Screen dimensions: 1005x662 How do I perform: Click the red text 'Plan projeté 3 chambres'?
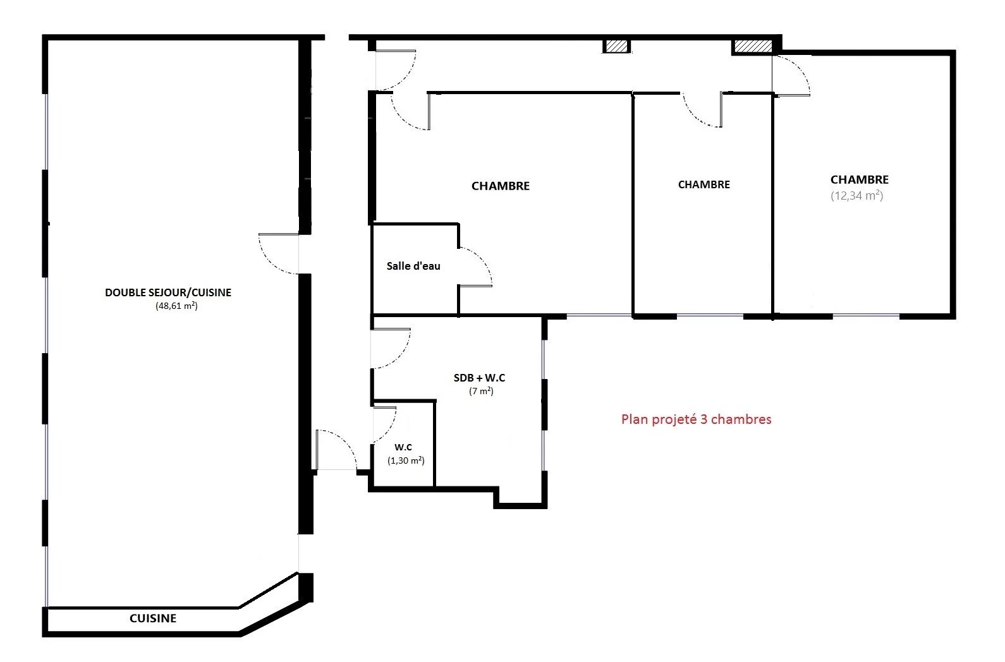[696, 419]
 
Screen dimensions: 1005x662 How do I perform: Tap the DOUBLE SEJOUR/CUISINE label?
[168, 292]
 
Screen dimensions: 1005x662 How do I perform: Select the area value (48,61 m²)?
[177, 306]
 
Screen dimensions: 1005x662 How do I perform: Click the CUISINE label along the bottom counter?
[153, 618]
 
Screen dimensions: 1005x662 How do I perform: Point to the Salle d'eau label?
[413, 266]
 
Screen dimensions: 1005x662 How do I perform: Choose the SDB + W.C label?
[480, 378]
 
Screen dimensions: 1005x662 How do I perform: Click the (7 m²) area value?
[482, 391]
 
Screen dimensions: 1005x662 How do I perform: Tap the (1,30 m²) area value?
[406, 460]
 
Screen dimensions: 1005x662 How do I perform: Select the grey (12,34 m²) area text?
[857, 196]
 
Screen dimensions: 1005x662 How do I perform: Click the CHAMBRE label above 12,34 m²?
[860, 179]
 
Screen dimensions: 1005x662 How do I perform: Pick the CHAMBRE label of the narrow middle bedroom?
[704, 184]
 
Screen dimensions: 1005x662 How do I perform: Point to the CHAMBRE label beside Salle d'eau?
[501, 186]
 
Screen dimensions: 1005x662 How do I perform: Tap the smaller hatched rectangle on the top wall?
[616, 46]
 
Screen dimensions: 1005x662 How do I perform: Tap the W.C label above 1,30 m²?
[403, 447]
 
